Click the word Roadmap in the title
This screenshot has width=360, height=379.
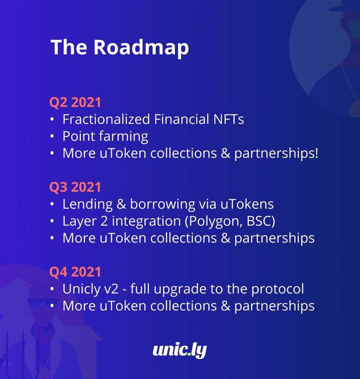141,47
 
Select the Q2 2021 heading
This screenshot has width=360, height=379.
75,102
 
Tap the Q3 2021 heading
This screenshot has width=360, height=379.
75,187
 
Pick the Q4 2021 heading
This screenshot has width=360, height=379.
75,272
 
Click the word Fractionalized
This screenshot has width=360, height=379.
106,119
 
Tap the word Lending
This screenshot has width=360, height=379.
88,205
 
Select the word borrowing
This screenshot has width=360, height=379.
162,205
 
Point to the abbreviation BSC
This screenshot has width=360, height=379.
258,221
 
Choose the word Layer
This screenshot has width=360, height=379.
79,222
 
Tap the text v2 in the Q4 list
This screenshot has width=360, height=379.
111,290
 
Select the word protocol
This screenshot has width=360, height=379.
277,290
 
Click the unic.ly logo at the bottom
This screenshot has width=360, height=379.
180,351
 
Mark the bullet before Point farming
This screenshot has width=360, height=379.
52,136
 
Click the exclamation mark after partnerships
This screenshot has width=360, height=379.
316,153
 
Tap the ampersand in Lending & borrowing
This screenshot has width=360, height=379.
121,204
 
